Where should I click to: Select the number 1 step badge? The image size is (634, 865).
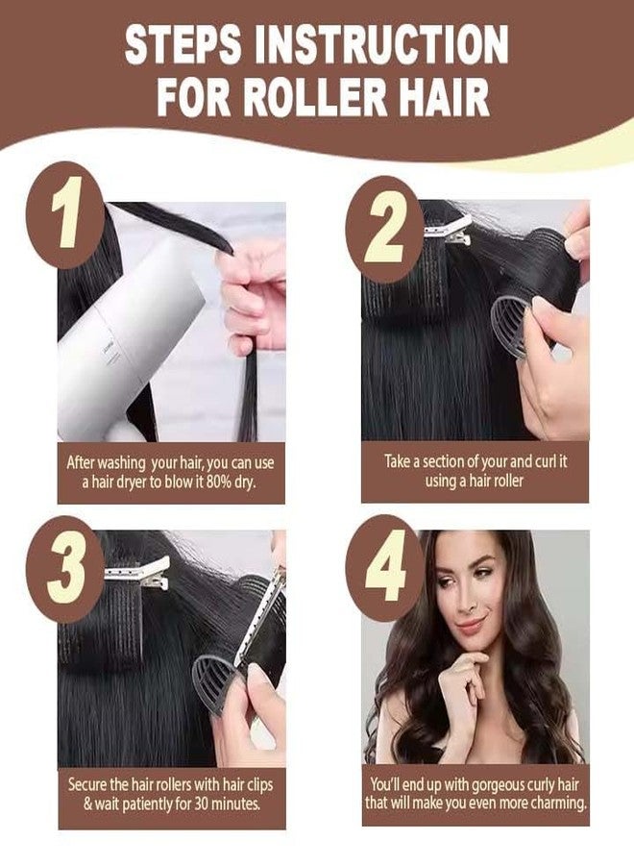[x=65, y=213]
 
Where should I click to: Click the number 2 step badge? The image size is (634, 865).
[x=385, y=226]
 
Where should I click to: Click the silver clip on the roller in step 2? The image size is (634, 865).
[x=448, y=232]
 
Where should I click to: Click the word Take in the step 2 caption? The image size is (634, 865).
[x=397, y=460]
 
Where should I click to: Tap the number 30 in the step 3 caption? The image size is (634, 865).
[x=201, y=803]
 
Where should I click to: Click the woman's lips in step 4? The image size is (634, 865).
[x=470, y=625]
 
